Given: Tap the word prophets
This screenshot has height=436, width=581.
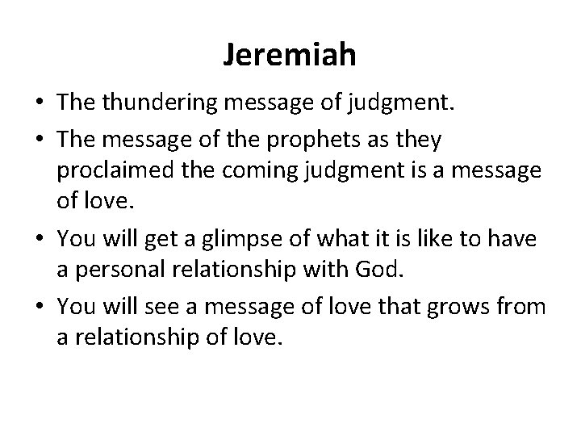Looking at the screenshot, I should coord(293,140).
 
